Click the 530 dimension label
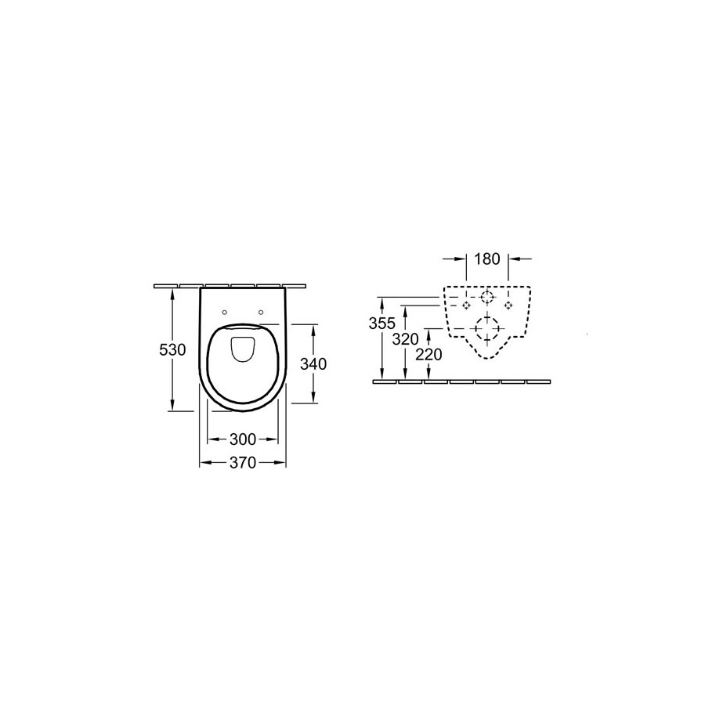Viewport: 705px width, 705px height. (172, 349)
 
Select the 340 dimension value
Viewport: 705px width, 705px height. (313, 363)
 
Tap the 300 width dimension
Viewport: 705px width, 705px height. (242, 439)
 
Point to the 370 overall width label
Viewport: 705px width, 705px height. (242, 462)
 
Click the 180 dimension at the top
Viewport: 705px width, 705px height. (487, 259)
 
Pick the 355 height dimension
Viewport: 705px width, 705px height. (381, 323)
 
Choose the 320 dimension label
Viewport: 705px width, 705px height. (406, 339)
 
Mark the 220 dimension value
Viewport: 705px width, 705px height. (429, 355)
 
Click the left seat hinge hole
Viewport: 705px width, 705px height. (225, 312)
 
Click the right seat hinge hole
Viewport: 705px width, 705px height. (261, 312)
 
